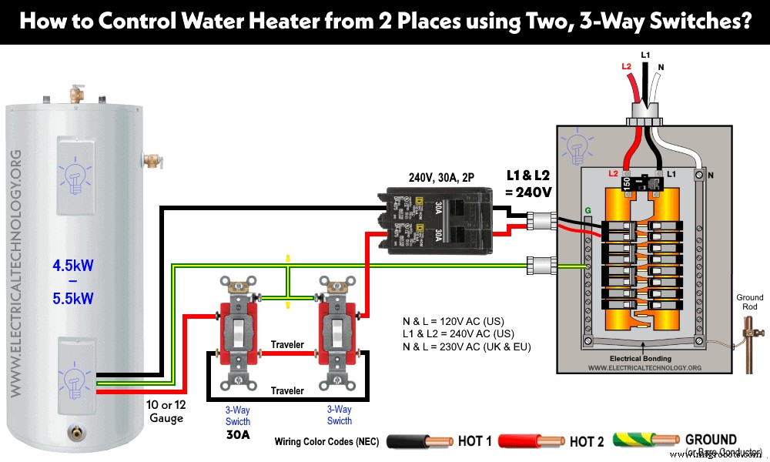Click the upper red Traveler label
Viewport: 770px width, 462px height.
pos(287,344)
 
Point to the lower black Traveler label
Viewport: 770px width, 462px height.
pos(287,390)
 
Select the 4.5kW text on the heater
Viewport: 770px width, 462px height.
pos(72,267)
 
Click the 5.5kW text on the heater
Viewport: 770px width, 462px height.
pos(72,298)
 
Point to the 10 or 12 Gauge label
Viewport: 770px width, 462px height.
pos(166,411)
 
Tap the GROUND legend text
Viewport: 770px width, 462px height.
pos(711,440)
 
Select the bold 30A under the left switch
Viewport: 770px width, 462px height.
pos(237,434)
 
